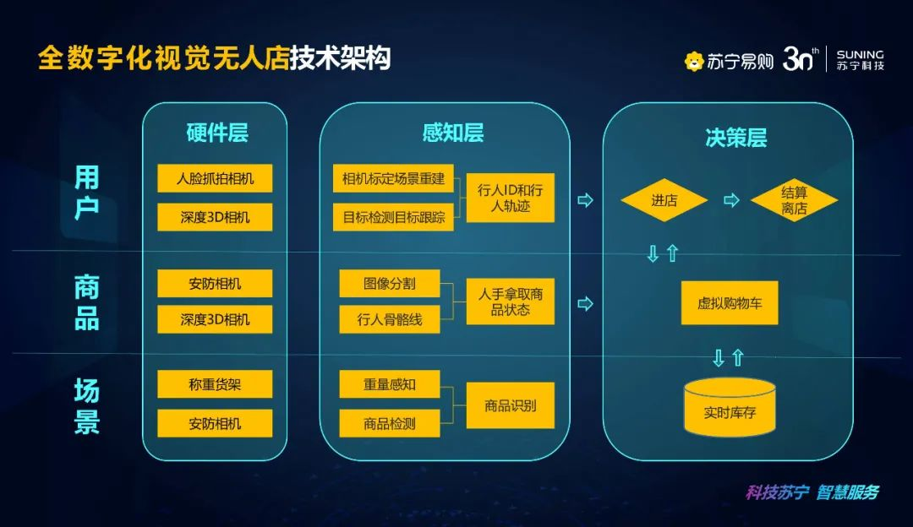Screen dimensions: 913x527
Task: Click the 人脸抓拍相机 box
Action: [x=215, y=178]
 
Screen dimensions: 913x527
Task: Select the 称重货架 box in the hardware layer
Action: [x=215, y=384]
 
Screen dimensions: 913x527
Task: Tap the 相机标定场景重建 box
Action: [x=393, y=178]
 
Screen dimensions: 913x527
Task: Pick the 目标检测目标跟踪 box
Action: [x=393, y=217]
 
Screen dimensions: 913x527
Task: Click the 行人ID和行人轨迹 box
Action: [x=511, y=198]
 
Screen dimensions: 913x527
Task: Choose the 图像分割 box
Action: [x=390, y=284]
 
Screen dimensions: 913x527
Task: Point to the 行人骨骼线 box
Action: [x=390, y=319]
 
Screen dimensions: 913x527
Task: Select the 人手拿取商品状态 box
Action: [x=511, y=302]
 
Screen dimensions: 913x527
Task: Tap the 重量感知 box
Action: [x=390, y=384]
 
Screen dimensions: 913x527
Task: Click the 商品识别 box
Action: [x=511, y=405]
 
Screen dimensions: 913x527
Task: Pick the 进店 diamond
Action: [x=664, y=201]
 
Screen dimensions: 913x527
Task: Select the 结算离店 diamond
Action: [x=794, y=201]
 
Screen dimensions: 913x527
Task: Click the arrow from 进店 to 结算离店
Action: [x=732, y=201]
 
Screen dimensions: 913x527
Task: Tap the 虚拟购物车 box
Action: [x=729, y=302]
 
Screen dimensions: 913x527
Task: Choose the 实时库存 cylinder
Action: [x=729, y=407]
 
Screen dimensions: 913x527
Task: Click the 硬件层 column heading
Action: [x=216, y=133]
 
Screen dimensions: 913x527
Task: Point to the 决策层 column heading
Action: [x=735, y=138]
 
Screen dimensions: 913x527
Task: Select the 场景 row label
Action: [x=86, y=406]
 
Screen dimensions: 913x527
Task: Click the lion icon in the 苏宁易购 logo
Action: [x=694, y=61]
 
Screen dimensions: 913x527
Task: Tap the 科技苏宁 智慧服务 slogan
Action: [x=812, y=492]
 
